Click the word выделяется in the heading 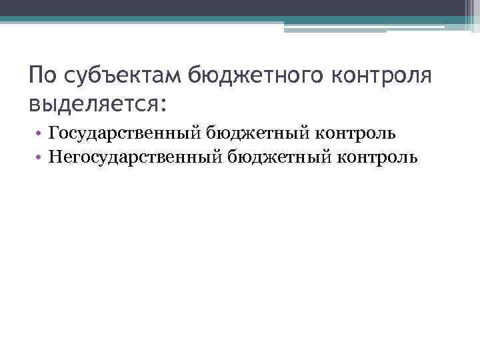click(x=90, y=105)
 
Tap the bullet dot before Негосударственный click(x=41, y=158)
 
